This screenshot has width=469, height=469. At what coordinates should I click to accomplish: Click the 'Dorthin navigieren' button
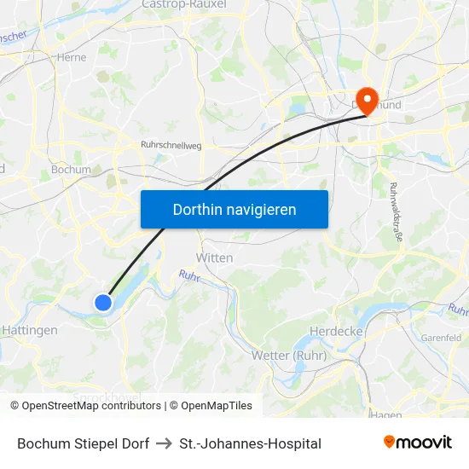click(234, 209)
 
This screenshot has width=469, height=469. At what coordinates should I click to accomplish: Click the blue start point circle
click(103, 302)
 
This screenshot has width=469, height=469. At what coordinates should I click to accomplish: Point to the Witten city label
click(214, 258)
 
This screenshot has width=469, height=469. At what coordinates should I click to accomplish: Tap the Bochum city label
click(71, 170)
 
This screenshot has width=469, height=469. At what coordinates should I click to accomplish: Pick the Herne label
click(71, 58)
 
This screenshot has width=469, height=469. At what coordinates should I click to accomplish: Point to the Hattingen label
click(30, 330)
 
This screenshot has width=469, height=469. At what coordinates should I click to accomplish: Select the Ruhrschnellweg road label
click(171, 146)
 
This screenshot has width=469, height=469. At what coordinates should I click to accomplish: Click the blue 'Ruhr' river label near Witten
click(189, 276)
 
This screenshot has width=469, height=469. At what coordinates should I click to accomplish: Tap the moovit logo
click(418, 442)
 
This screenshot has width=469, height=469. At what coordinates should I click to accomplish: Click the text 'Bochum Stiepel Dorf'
click(84, 443)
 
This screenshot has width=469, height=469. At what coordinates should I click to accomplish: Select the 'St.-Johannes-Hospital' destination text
click(251, 443)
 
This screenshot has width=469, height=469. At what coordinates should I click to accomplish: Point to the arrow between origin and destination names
click(165, 443)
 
